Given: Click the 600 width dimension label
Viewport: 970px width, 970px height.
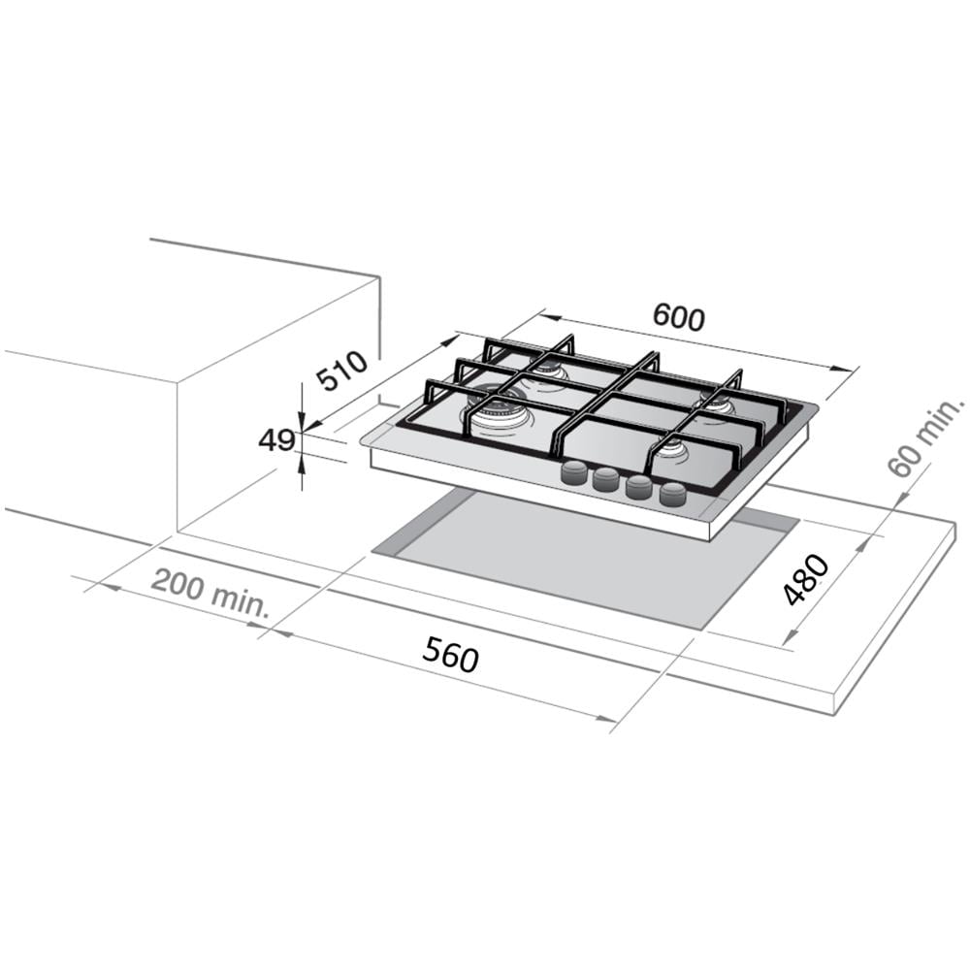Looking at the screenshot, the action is (x=679, y=317).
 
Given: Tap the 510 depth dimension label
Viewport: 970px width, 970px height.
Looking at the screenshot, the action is (x=341, y=371).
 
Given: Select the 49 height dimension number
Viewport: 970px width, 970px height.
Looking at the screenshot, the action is (x=275, y=441).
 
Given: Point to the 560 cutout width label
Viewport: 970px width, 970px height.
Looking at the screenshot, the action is (x=450, y=655).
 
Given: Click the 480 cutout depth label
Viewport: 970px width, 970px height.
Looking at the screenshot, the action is (x=805, y=580).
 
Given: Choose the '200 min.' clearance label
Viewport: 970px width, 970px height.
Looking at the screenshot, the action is (x=210, y=593).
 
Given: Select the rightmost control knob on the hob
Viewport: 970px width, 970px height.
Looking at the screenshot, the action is (x=673, y=495).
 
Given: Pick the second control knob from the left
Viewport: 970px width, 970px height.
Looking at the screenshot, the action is (x=607, y=480).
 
